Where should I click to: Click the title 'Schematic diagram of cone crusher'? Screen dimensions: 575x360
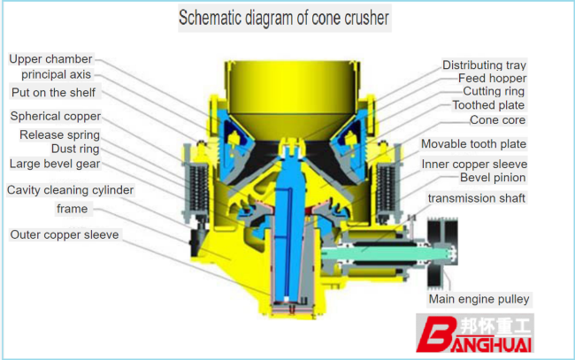pyautogui.click(x=284, y=18)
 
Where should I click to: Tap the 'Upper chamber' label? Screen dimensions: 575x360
pyautogui.click(x=50, y=59)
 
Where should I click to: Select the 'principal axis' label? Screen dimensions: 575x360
pyautogui.click(x=56, y=74)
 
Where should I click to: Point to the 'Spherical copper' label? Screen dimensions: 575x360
pyautogui.click(x=56, y=116)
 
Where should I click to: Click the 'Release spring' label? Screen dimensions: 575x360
pyautogui.click(x=60, y=134)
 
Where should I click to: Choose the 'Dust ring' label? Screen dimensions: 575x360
pyautogui.click(x=75, y=149)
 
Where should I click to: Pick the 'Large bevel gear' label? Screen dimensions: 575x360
pyautogui.click(x=55, y=164)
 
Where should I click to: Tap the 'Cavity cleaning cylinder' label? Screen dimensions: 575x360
pyautogui.click(x=70, y=190)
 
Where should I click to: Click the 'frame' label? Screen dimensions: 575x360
pyautogui.click(x=73, y=209)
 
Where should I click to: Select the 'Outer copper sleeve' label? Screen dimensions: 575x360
pyautogui.click(x=65, y=234)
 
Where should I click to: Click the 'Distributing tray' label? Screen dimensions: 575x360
pyautogui.click(x=484, y=65)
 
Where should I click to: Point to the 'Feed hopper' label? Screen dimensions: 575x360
pyautogui.click(x=492, y=78)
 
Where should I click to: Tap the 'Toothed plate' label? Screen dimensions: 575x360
pyautogui.click(x=488, y=105)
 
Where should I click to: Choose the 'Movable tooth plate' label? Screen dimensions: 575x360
pyautogui.click(x=473, y=143)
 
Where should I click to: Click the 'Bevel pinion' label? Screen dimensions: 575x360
pyautogui.click(x=493, y=178)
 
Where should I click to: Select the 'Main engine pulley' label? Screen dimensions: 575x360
pyautogui.click(x=479, y=299)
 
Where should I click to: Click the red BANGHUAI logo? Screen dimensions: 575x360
pyautogui.click(x=474, y=333)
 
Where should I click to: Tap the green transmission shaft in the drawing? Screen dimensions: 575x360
pyautogui.click(x=385, y=253)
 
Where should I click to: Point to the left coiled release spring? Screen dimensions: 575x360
pyautogui.click(x=198, y=190)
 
